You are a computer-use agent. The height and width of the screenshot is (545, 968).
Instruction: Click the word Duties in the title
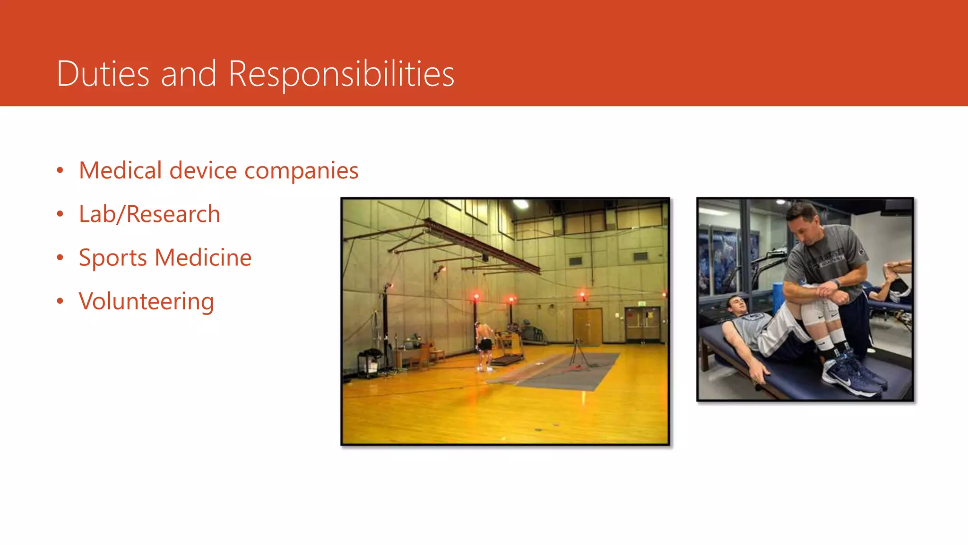(x=103, y=74)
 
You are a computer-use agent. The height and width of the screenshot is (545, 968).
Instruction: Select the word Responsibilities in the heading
(x=341, y=74)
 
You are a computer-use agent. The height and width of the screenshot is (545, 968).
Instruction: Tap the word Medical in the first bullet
(x=120, y=170)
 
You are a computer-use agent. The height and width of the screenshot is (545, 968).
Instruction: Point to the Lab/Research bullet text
(x=149, y=214)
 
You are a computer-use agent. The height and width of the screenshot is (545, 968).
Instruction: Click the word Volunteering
(x=147, y=302)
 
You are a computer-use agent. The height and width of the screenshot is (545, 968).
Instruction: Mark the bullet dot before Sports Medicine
(x=60, y=258)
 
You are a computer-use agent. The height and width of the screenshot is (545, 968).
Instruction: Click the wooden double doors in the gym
(x=588, y=326)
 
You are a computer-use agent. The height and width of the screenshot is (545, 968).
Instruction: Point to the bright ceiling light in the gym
(x=521, y=204)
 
